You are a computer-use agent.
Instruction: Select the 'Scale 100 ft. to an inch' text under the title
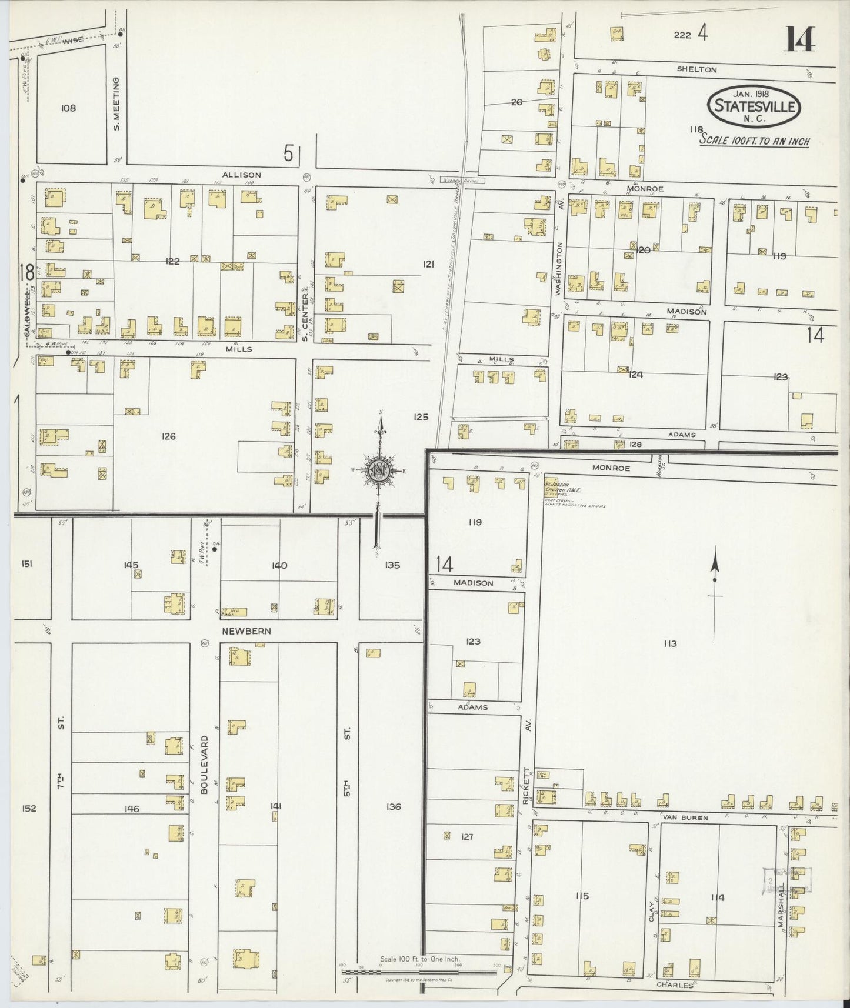[x=754, y=141]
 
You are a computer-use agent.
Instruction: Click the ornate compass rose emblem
[x=379, y=469]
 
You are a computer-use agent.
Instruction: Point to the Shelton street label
[x=696, y=69]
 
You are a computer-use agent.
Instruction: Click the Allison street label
[x=241, y=175]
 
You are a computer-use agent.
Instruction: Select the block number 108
[x=68, y=108]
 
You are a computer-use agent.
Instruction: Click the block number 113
[x=669, y=643]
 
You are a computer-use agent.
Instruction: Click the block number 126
[x=168, y=436]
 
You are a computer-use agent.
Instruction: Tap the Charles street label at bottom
[x=675, y=984]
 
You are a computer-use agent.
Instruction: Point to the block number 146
[x=132, y=809]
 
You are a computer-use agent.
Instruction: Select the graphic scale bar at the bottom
[x=420, y=972]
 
